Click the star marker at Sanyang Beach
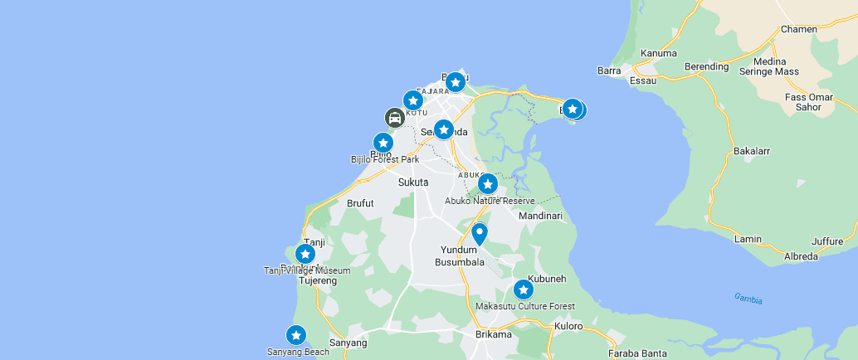pyautogui.click(x=296, y=335)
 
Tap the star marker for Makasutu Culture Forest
pyautogui.click(x=523, y=289)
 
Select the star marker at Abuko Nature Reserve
pyautogui.click(x=488, y=183)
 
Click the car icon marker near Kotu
pyautogui.click(x=395, y=118)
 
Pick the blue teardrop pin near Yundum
pyautogui.click(x=479, y=234)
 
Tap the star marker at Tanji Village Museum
pyautogui.click(x=305, y=254)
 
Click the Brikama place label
pyautogui.click(x=494, y=334)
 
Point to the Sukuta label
pyautogui.click(x=413, y=182)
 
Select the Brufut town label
pyautogui.click(x=360, y=202)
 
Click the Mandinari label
pyautogui.click(x=540, y=216)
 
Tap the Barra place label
pyautogui.click(x=609, y=71)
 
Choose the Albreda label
pyautogui.click(x=801, y=256)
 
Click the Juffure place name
pyautogui.click(x=826, y=242)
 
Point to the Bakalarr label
pyautogui.click(x=752, y=152)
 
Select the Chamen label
pyautogui.click(x=799, y=29)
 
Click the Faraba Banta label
pyautogui.click(x=637, y=353)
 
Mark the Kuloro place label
pyautogui.click(x=568, y=326)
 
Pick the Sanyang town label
pyautogui.click(x=348, y=343)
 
